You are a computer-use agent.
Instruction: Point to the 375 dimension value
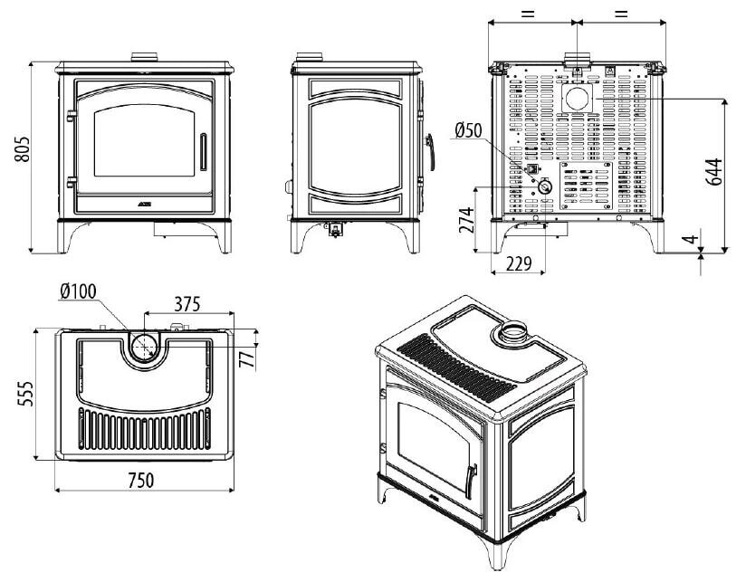point(186,303)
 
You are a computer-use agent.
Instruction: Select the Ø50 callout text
point(467,130)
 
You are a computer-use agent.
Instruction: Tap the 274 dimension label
point(466,220)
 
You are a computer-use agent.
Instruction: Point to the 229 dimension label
point(518,263)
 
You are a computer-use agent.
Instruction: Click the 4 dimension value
point(691,241)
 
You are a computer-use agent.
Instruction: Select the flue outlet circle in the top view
point(145,346)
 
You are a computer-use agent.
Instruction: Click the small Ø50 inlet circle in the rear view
point(547,185)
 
